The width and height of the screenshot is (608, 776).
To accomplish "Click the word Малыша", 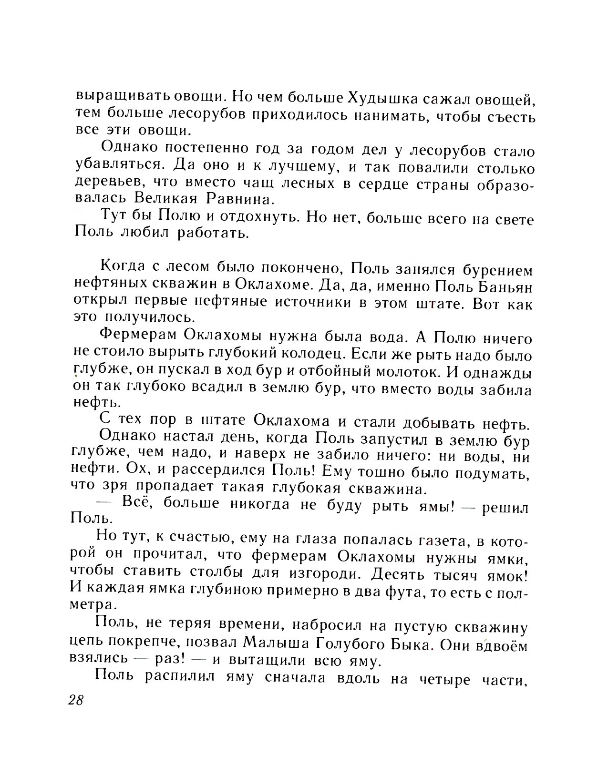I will click(277, 644).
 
